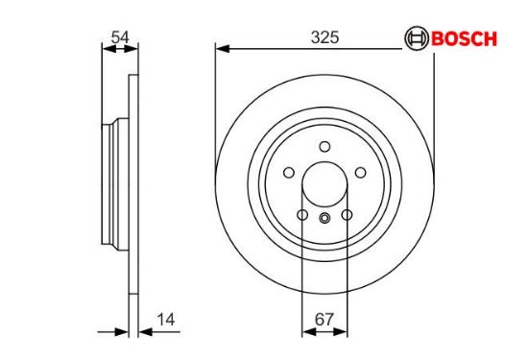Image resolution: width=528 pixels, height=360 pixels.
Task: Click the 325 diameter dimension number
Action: click(324, 37)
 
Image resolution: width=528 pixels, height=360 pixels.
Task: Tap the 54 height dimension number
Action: click(120, 37)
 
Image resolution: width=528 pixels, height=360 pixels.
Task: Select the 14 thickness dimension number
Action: click(166, 320)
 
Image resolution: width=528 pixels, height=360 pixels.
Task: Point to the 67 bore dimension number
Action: click(324, 320)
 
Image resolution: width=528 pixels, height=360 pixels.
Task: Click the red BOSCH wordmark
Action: click(464, 38)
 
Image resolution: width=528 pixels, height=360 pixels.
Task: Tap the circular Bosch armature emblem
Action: click(417, 38)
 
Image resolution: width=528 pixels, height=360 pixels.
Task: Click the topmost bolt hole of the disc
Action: click(324, 147)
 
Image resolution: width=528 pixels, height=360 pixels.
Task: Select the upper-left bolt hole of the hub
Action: click(289, 173)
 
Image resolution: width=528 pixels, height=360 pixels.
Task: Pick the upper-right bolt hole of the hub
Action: click(361, 173)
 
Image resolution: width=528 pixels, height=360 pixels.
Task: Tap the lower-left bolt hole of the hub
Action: click(302, 215)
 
